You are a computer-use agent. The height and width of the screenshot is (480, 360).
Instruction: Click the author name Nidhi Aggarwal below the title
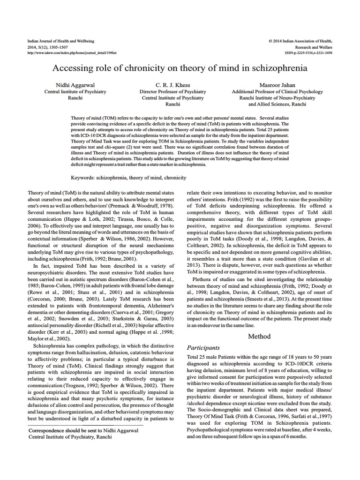click(x=75, y=85)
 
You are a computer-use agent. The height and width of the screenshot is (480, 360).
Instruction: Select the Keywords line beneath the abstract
click(x=128, y=178)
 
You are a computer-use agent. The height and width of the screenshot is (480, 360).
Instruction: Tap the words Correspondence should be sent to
click(x=63, y=430)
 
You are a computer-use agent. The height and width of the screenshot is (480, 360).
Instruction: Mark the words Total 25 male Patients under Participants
click(x=210, y=357)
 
